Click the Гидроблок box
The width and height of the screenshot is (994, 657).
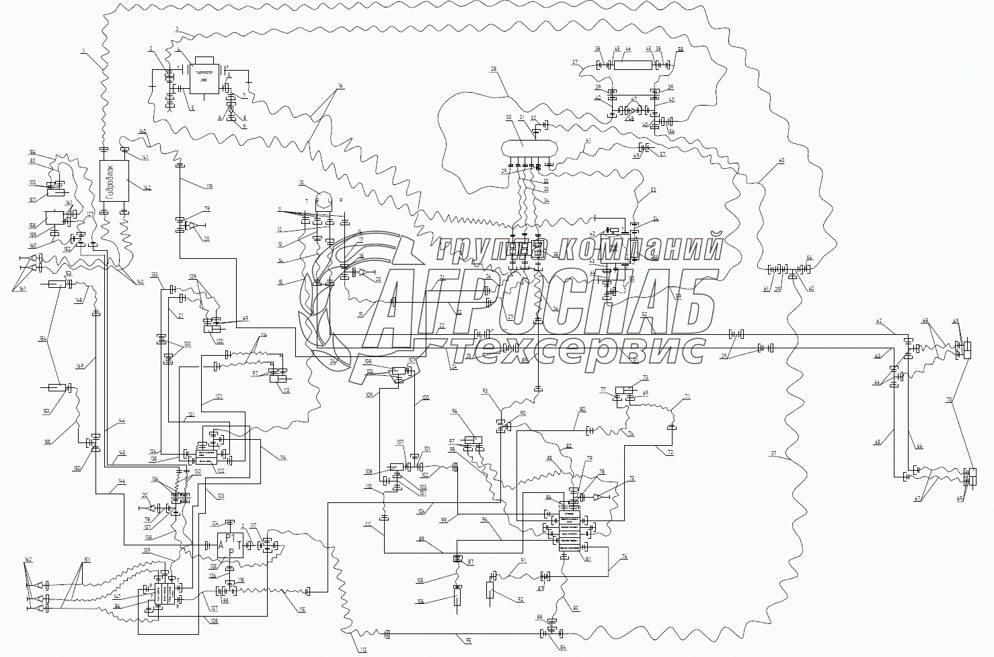coord(114,181)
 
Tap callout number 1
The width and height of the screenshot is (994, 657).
coord(83,51)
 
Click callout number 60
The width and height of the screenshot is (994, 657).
coord(781,161)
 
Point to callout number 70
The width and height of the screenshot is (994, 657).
coord(950,400)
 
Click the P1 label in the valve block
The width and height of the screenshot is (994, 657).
coord(231,539)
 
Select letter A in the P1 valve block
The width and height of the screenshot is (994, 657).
coord(221,547)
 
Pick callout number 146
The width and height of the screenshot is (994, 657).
coord(121,481)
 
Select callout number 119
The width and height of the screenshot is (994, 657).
coord(209,186)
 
